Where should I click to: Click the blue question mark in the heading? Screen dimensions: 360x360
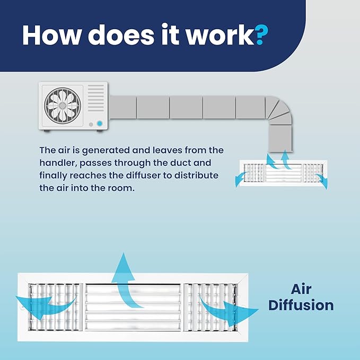pyautogui.click(x=261, y=34)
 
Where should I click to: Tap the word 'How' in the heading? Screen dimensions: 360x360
pyautogui.click(x=51, y=34)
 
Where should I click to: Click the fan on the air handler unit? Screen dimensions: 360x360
pyautogui.click(x=63, y=106)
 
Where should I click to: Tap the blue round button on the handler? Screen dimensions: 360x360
pyautogui.click(x=100, y=124)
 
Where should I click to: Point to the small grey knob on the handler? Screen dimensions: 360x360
pyautogui.click(x=91, y=125)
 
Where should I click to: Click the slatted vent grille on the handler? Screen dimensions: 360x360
pyautogui.click(x=96, y=98)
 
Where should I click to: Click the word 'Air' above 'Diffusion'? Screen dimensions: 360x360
pyautogui.click(x=301, y=289)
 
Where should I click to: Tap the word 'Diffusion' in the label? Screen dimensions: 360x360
pyautogui.click(x=301, y=305)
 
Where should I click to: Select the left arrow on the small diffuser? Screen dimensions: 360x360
pyautogui.click(x=241, y=179)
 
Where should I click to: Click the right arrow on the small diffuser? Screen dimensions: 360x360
pyautogui.click(x=322, y=181)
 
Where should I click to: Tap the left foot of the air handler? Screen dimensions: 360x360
pyautogui.click(x=47, y=131)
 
